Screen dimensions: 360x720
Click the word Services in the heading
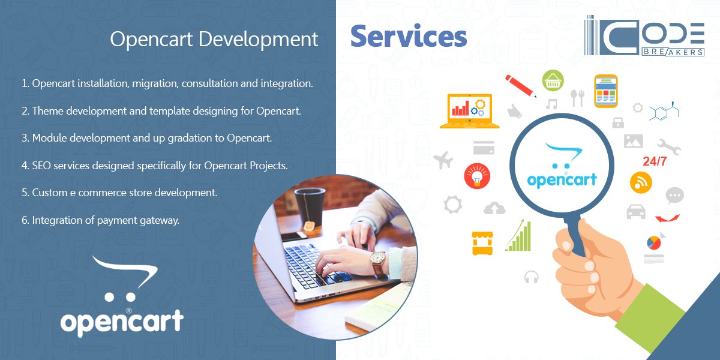tap(409, 37)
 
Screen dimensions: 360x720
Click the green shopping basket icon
tap(553, 80)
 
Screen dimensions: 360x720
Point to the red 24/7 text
tap(655, 162)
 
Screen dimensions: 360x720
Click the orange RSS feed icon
tap(641, 182)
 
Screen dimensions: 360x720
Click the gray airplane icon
tap(443, 160)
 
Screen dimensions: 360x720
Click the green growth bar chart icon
tap(519, 235)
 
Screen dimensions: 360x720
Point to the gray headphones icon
tap(531, 277)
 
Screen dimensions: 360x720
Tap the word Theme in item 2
tap(47, 111)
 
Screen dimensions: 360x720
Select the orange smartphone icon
tap(605, 91)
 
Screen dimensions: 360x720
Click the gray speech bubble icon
tap(674, 196)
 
